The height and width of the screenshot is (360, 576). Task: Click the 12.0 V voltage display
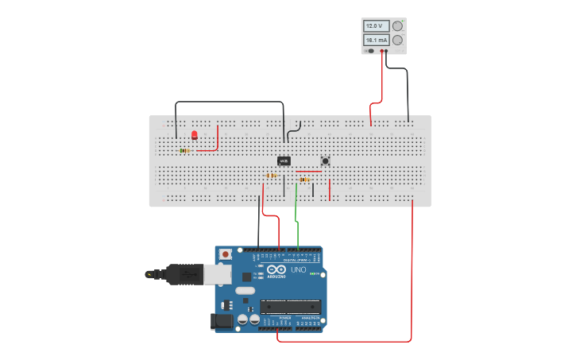[x=376, y=26]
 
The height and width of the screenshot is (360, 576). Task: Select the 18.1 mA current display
[x=376, y=40]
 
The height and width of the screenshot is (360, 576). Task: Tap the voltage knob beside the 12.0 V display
[x=397, y=26]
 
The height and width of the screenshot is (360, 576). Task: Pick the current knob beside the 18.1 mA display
[x=397, y=40]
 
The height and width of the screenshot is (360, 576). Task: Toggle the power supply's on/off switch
[x=370, y=51]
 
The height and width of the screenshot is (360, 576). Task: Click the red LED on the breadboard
[x=194, y=135]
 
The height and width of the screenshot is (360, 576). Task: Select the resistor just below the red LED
[x=184, y=150]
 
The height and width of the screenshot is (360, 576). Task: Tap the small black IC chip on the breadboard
[x=284, y=161]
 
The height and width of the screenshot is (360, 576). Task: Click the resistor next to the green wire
[x=305, y=180]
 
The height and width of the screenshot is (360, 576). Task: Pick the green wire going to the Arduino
[x=296, y=215]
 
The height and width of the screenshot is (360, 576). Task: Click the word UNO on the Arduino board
[x=299, y=269]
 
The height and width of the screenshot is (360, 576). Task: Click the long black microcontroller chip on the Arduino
[x=291, y=307]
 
